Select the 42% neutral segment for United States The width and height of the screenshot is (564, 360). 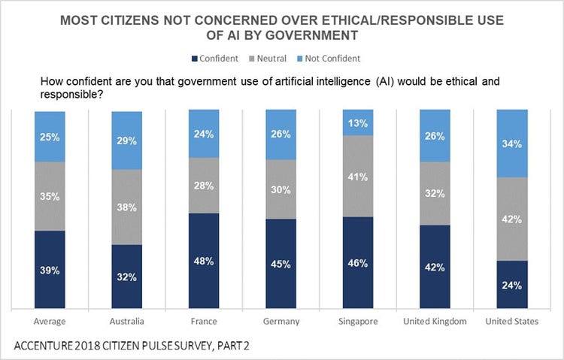pyautogui.click(x=511, y=219)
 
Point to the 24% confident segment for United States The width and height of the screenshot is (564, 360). pyautogui.click(x=511, y=284)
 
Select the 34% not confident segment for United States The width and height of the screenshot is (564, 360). pyautogui.click(x=511, y=144)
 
